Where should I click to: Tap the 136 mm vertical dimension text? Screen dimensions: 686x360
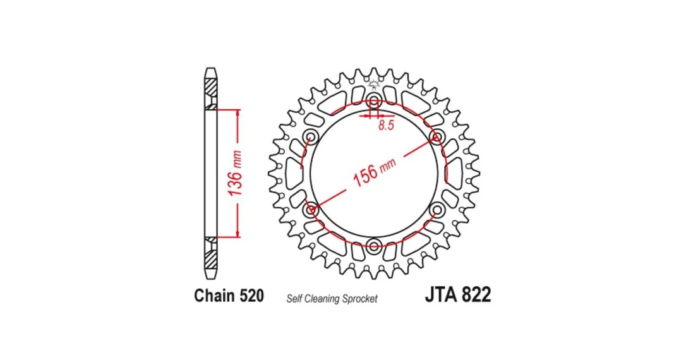(x=235, y=173)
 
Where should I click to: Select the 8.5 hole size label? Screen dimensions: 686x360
(x=387, y=125)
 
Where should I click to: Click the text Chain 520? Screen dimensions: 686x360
(x=229, y=295)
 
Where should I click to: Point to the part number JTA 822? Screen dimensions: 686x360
(x=457, y=294)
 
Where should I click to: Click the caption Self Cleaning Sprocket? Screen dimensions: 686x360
(x=332, y=299)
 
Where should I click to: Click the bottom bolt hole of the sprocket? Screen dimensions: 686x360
(x=373, y=246)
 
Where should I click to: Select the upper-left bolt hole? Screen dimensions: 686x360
(x=311, y=135)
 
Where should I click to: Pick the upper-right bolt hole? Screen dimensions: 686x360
(x=436, y=135)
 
